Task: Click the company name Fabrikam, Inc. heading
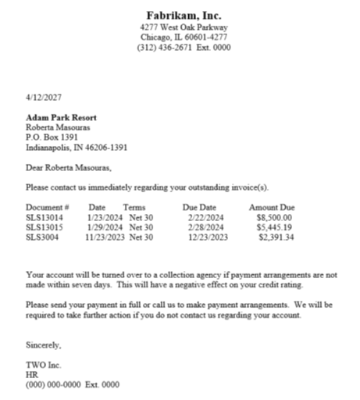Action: click(184, 15)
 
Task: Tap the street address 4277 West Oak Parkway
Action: click(184, 27)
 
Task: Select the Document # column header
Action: click(48, 208)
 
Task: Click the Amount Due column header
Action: click(272, 208)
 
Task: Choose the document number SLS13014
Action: click(45, 217)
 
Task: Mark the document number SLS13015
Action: click(45, 227)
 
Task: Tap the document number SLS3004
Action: click(42, 237)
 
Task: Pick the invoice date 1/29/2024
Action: click(102, 227)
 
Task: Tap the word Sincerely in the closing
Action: click(43, 345)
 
